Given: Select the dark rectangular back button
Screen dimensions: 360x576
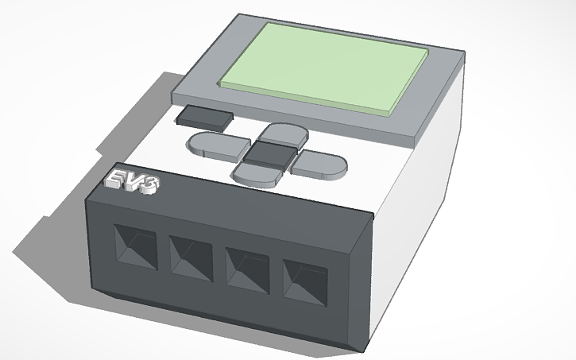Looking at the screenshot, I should pyautogui.click(x=204, y=118).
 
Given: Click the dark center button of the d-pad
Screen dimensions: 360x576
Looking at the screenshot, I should pyautogui.click(x=269, y=153).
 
